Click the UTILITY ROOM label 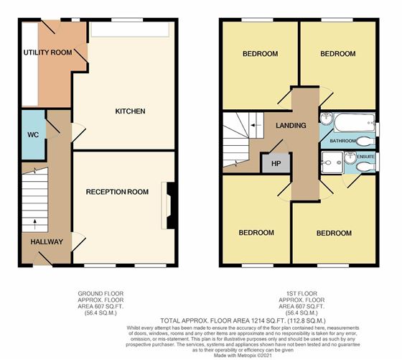coord(47,52)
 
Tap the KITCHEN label coord(130,111)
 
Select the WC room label coord(33,134)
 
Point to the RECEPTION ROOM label coord(117,192)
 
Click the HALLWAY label coord(47,241)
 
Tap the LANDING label coord(291,125)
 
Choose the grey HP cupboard coord(276,163)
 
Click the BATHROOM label coord(343,141)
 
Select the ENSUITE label coord(366,156)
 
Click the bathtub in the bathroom coord(355,123)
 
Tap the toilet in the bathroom coord(365,141)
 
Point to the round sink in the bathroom coord(326,118)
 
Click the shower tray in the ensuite coord(332,162)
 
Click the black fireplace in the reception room coord(171,206)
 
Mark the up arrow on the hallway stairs coord(35,223)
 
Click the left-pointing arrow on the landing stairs coord(256,126)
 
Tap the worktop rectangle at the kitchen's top coord(131,29)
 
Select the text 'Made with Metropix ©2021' coord(243,356)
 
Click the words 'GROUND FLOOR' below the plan coord(100,294)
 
